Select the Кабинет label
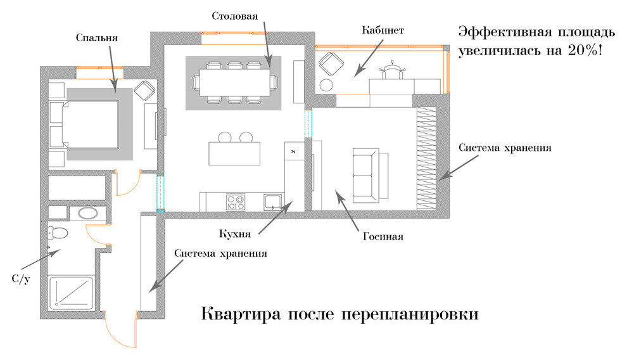383,30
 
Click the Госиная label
383,237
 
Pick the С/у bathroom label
21,279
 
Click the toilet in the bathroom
58,233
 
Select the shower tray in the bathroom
71,292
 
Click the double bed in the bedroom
89,124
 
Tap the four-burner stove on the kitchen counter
236,202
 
